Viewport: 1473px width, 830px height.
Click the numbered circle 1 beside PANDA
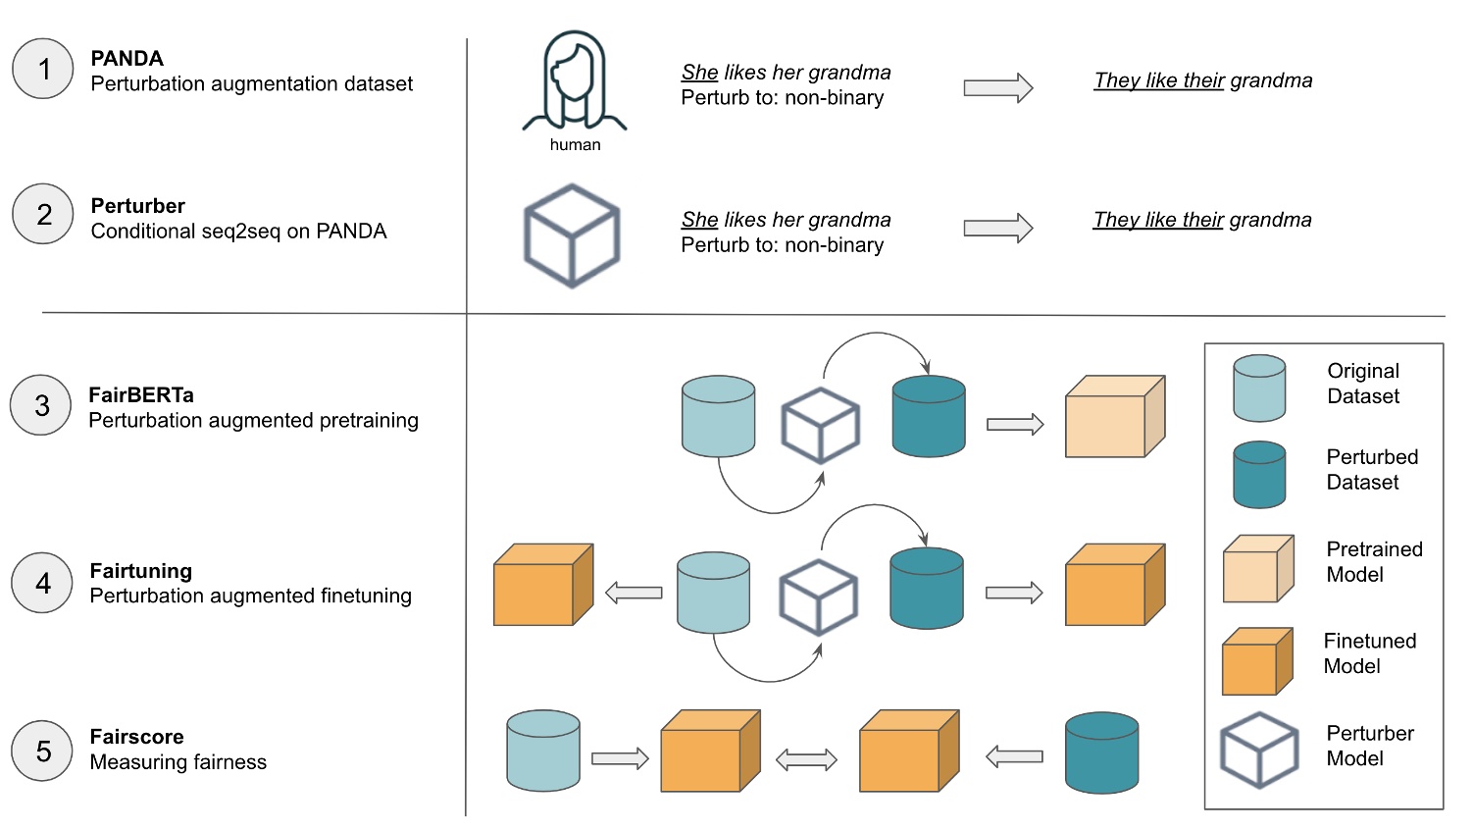point(43,69)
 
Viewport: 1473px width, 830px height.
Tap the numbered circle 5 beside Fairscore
point(43,751)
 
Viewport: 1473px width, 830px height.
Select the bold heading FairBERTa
point(141,395)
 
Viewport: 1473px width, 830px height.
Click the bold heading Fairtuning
point(141,571)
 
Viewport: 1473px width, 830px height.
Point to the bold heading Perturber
point(138,206)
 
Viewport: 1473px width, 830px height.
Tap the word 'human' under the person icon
point(575,145)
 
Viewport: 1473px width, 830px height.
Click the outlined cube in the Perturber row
point(572,235)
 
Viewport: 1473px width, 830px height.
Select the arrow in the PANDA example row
point(997,88)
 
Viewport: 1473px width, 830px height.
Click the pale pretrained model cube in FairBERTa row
point(1114,417)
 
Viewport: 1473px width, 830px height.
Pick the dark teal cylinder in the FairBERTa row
point(928,416)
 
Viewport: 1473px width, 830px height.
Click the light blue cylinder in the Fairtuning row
point(713,593)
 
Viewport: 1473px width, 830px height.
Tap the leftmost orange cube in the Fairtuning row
point(542,585)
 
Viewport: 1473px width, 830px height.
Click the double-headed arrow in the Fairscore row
point(806,758)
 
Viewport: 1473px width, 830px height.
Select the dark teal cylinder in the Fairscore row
point(1101,752)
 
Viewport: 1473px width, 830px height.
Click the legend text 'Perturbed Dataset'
point(1372,470)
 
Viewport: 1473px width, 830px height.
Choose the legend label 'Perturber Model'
point(1369,746)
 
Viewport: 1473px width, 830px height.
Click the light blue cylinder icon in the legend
point(1259,389)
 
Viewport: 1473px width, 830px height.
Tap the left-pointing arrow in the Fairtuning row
point(634,593)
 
